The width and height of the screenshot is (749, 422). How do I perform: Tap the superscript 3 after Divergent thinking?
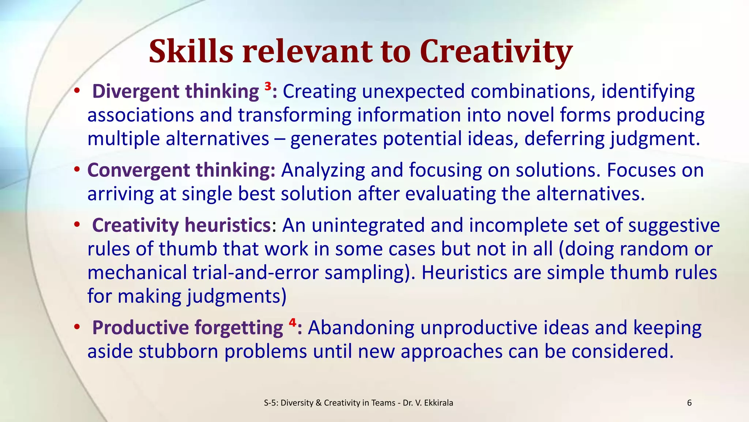268,87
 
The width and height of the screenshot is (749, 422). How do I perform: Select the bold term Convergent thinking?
181,170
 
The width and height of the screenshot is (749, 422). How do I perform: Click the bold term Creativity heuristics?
181,225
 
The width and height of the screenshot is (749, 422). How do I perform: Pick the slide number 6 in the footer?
689,403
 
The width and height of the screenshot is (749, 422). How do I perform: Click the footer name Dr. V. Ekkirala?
428,403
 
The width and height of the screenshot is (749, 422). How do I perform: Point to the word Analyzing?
323,171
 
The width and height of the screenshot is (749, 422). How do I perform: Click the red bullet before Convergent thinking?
76,170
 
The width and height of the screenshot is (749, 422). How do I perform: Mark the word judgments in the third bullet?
234,297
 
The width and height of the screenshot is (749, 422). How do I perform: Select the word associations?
140,115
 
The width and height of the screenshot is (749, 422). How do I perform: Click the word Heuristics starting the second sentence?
464,273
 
